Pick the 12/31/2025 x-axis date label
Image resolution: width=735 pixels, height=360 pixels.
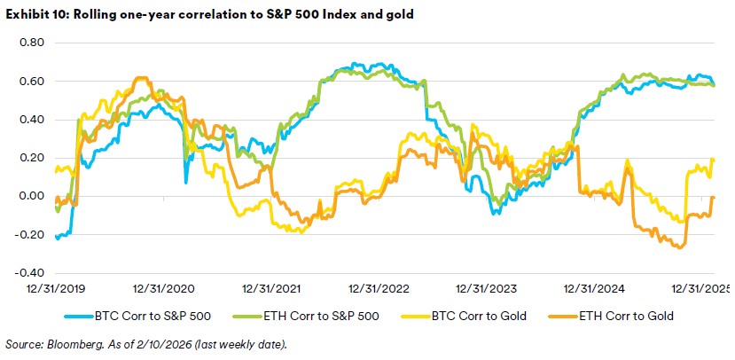[700, 290]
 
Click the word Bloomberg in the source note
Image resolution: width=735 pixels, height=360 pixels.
[69, 343]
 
